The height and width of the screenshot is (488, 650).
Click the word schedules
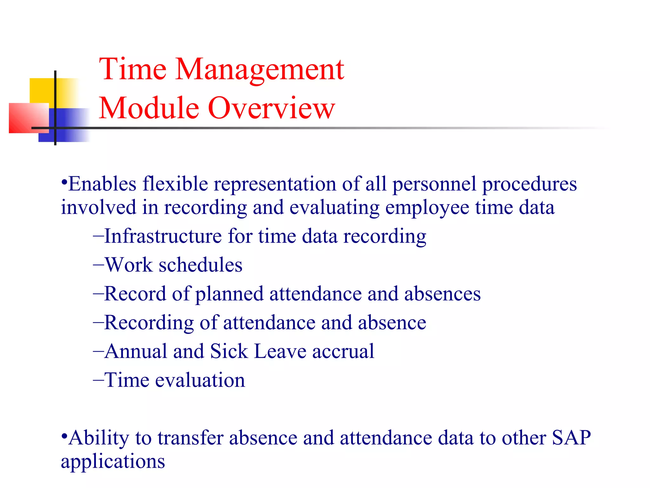pos(200,265)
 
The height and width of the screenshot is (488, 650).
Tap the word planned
pos(229,294)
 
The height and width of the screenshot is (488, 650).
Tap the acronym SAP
pos(571,438)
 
